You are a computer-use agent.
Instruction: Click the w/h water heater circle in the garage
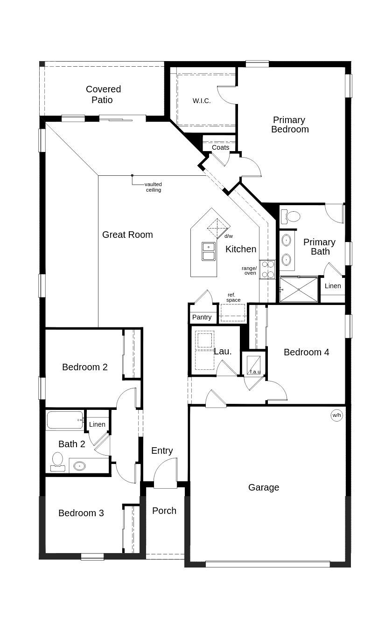click(x=336, y=415)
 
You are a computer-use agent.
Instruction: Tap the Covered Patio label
click(x=103, y=94)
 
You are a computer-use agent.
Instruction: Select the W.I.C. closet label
click(x=202, y=101)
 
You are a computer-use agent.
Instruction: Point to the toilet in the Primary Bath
click(x=292, y=216)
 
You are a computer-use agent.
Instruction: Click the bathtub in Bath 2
click(x=65, y=420)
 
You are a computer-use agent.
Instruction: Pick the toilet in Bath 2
click(x=57, y=461)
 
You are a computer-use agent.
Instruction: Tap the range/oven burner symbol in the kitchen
click(x=267, y=270)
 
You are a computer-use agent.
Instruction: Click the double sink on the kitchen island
click(x=208, y=251)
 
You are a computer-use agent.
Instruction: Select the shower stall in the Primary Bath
click(x=299, y=290)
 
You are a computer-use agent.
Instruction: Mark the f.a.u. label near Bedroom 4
click(x=255, y=372)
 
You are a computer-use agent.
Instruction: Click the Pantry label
click(x=202, y=317)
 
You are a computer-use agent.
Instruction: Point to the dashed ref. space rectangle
click(x=233, y=312)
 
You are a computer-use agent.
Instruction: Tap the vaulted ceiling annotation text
click(x=153, y=187)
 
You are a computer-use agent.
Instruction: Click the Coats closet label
click(x=220, y=147)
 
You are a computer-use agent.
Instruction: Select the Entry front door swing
click(x=166, y=472)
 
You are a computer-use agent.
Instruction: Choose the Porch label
click(x=164, y=511)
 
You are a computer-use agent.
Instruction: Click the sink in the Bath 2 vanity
click(x=79, y=466)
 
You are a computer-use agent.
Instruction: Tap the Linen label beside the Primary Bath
click(x=333, y=286)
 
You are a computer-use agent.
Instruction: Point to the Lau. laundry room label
click(x=223, y=352)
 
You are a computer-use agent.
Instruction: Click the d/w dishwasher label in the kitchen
click(x=228, y=236)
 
